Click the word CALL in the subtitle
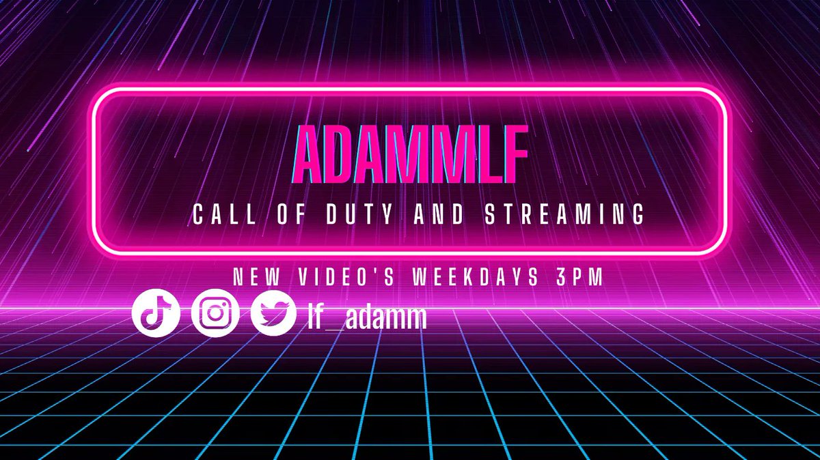click(218, 215)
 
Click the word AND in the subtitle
click(446, 215)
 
